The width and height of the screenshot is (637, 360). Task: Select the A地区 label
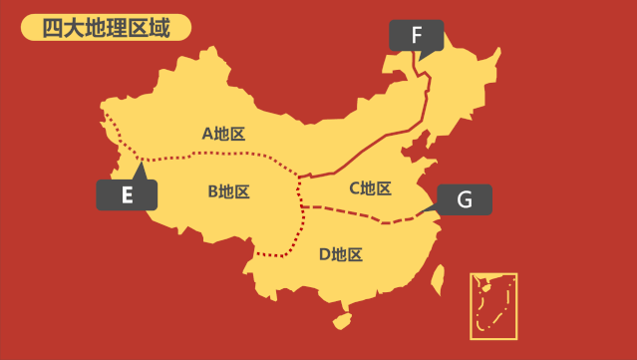coord(223,133)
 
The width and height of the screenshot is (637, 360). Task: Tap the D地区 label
coord(341,254)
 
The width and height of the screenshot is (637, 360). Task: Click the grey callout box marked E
coord(127,195)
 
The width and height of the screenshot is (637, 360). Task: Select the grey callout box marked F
coord(417,37)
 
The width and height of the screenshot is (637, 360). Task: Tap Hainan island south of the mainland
coord(342,321)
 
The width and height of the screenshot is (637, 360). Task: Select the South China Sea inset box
coord(493,305)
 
